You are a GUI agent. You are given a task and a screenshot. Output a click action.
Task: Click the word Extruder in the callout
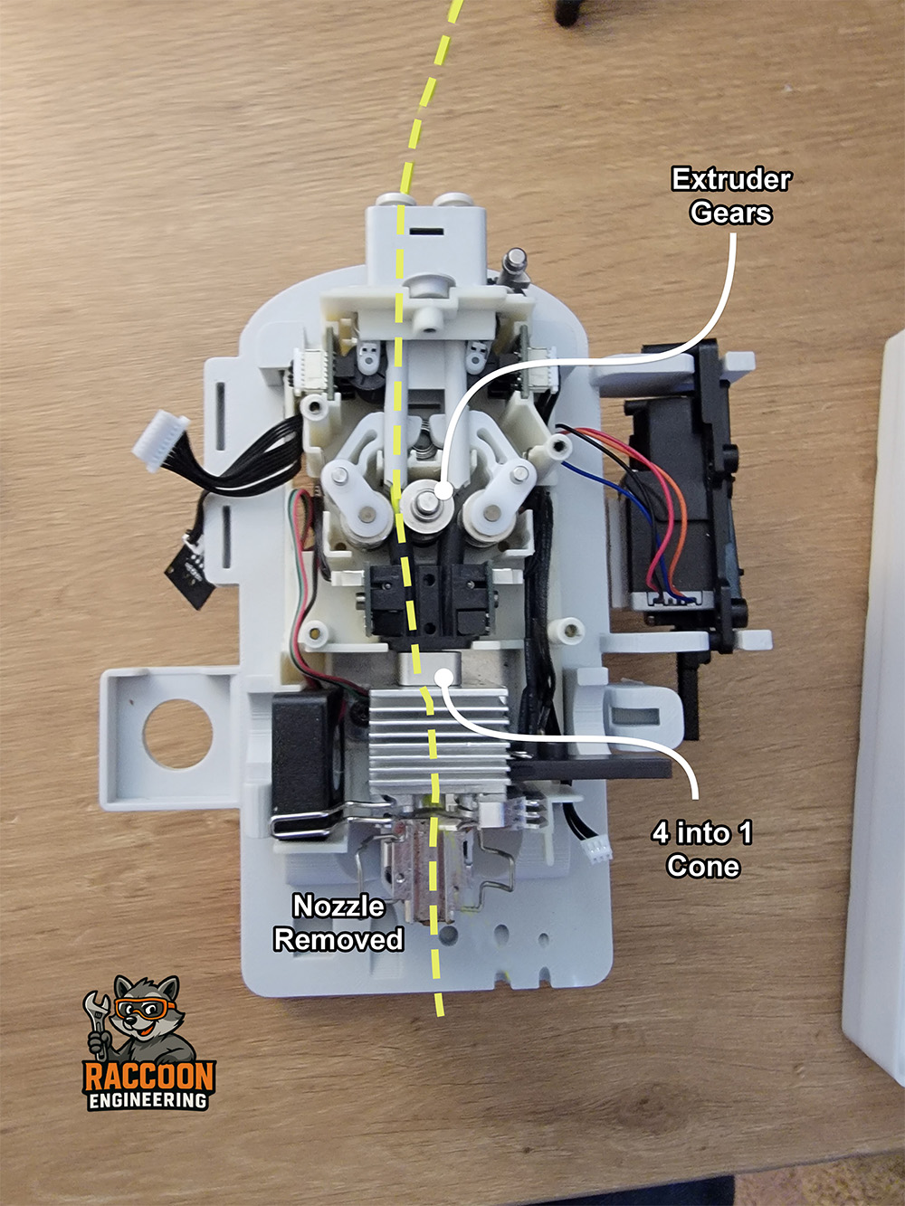[x=731, y=180]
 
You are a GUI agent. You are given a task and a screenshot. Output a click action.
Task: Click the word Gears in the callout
[x=731, y=213]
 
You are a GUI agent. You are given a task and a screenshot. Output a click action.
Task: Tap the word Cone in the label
[x=703, y=867]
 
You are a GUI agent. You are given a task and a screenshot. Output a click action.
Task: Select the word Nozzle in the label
[x=338, y=906]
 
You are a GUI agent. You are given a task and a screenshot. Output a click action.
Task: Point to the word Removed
[x=338, y=939]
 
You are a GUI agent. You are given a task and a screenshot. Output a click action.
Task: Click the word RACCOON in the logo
[x=149, y=1075]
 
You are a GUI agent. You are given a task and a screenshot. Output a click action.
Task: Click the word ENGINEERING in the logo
[x=148, y=1100]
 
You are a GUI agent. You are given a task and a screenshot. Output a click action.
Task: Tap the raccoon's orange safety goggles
[x=144, y=1007]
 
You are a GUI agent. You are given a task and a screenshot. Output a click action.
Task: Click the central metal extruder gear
[x=427, y=504]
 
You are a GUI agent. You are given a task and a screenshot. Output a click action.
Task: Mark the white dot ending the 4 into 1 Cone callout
[x=443, y=678]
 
